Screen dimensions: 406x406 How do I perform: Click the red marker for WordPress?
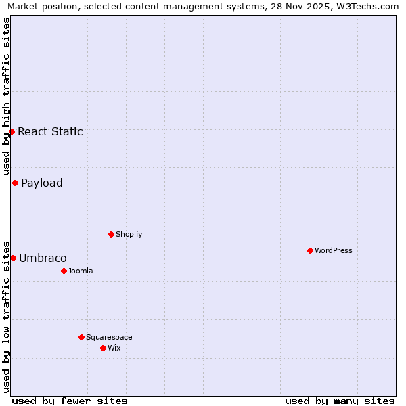[310, 250]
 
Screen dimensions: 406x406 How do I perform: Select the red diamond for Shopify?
[111, 234]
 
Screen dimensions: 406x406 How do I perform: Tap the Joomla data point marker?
[64, 271]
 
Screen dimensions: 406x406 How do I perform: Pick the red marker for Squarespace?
[81, 337]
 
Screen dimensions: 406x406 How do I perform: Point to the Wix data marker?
[103, 348]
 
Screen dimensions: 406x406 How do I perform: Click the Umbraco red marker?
[13, 258]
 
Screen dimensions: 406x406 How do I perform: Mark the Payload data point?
[15, 183]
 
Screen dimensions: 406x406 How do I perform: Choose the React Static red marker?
[12, 131]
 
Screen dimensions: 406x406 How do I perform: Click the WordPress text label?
[334, 250]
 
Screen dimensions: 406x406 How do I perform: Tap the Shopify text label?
[129, 234]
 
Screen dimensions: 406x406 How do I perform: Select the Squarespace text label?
[109, 337]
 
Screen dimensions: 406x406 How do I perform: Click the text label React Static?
[51, 131]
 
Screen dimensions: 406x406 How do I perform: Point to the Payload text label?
[42, 183]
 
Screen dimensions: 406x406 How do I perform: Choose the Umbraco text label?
[43, 258]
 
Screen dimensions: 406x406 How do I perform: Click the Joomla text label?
[81, 271]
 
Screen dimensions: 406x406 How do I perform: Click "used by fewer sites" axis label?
[70, 401]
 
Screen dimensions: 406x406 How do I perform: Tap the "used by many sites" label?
[340, 401]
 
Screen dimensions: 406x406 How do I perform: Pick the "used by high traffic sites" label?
[6, 96]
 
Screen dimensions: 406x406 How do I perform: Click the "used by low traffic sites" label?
[6, 316]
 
